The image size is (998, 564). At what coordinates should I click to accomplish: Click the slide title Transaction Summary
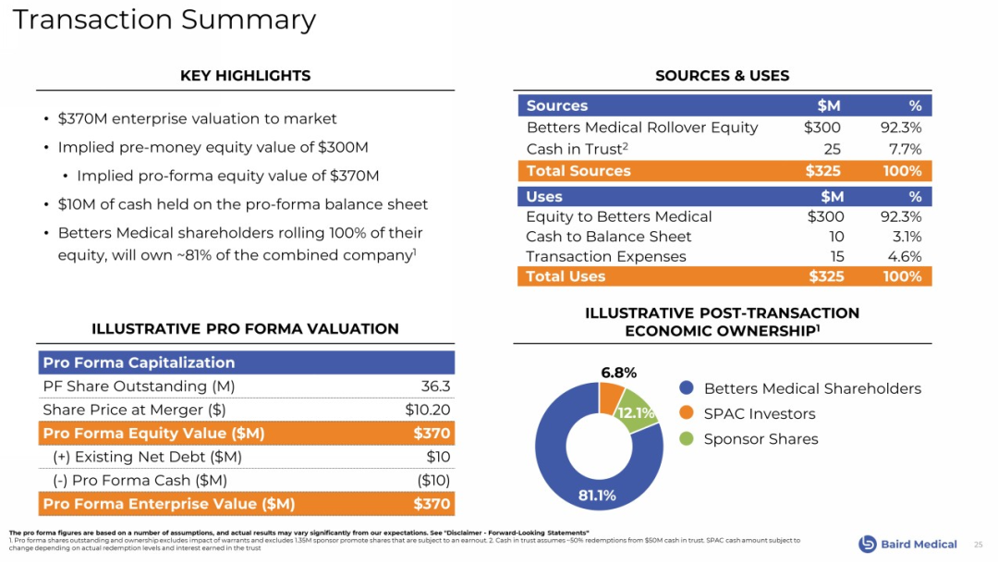click(x=164, y=19)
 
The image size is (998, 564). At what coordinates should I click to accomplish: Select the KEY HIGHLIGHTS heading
click(x=245, y=76)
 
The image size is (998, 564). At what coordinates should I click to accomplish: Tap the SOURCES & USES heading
click(x=722, y=76)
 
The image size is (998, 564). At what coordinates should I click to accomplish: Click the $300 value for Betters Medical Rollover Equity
click(x=822, y=128)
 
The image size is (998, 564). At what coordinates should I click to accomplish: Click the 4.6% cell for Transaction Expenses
click(x=904, y=256)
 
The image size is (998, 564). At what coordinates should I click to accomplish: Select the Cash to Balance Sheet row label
click(x=608, y=237)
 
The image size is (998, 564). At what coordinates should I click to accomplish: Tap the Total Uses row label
click(x=566, y=276)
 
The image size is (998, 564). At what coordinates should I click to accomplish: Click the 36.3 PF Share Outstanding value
click(x=435, y=386)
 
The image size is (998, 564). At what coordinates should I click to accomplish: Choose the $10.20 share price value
click(x=428, y=410)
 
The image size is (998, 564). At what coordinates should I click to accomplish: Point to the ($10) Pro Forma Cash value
click(x=433, y=480)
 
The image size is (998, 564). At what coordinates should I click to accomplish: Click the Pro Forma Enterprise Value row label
click(x=169, y=504)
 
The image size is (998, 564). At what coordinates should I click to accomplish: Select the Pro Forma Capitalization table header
click(x=139, y=362)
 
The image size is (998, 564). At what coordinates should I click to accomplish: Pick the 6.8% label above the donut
click(x=618, y=373)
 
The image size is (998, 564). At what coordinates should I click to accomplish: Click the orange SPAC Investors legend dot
click(x=686, y=413)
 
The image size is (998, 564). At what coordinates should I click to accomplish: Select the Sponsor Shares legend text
click(x=761, y=439)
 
